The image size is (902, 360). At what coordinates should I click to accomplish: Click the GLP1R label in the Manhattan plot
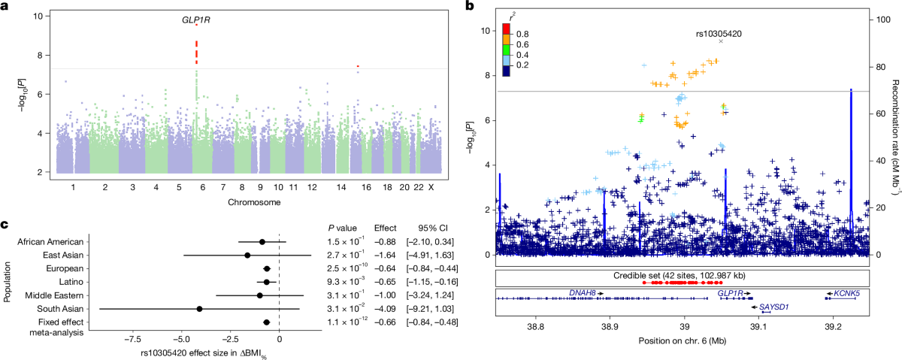coord(196,20)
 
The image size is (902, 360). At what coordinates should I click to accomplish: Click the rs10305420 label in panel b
coord(719,34)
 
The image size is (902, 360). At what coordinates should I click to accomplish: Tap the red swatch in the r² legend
coord(506,29)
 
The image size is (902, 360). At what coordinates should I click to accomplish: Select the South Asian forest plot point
coord(199,309)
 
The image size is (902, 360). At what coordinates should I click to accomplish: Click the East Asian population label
coord(63,256)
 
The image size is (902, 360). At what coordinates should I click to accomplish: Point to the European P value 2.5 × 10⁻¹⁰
coord(347,268)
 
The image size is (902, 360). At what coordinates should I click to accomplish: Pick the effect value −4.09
coord(385,309)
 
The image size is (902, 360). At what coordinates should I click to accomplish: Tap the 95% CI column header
coord(433,228)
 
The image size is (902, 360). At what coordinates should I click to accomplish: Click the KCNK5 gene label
coord(847,294)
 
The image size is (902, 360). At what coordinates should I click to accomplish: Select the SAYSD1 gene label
coord(774,307)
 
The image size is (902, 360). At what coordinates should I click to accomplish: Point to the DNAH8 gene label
coord(583,293)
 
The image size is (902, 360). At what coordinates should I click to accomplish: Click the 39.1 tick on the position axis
coord(758,327)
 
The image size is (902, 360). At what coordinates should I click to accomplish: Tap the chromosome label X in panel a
coord(431,187)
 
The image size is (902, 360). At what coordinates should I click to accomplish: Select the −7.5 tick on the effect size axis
coord(132,339)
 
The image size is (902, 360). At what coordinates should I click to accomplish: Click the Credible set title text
coord(680,276)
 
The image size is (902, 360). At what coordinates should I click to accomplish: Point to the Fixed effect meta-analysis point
coord(266,322)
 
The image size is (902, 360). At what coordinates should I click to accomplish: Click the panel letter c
coord(5,224)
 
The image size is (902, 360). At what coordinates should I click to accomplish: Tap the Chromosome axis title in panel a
coord(254,202)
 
